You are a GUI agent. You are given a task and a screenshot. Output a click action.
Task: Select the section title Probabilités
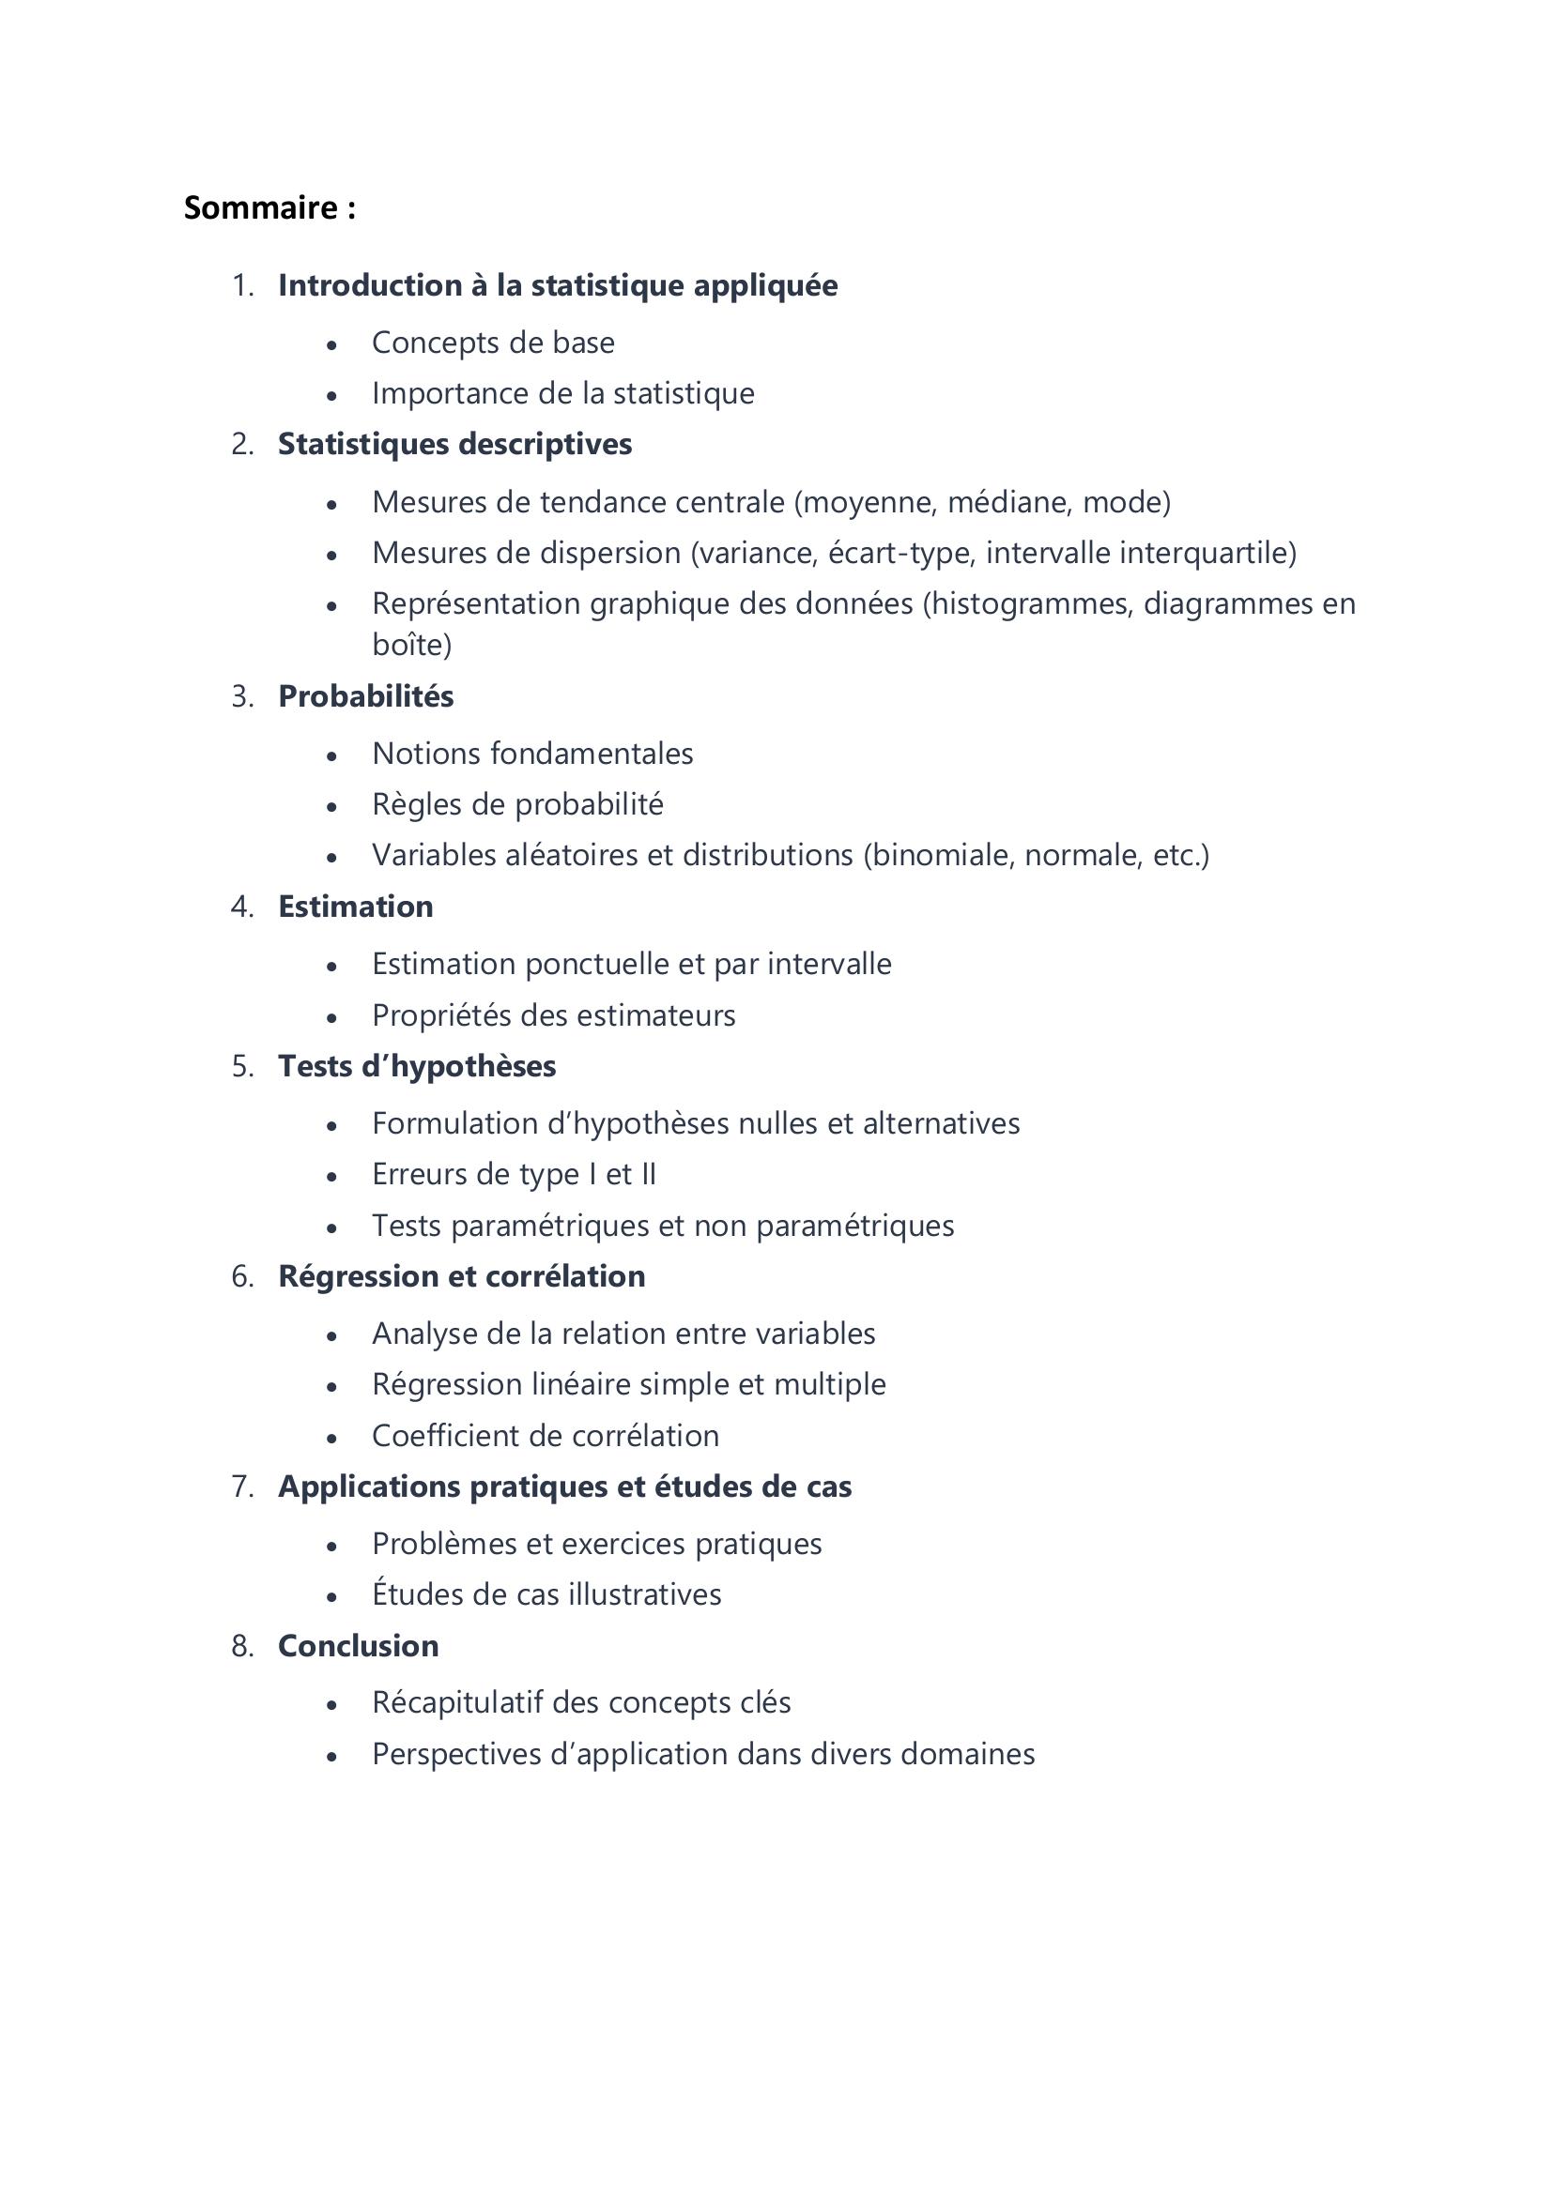tap(365, 696)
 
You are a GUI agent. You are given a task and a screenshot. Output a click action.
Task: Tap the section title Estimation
tap(355, 907)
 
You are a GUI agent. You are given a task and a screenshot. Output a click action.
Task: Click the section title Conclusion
tap(358, 1645)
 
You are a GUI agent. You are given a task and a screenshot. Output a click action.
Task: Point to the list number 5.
tap(243, 1066)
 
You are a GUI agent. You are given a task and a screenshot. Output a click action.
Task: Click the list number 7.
tap(243, 1486)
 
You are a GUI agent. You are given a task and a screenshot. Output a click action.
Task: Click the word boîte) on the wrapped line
tap(411, 646)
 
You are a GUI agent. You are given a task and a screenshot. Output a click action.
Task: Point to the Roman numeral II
tap(649, 1174)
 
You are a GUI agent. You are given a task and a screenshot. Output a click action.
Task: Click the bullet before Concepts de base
tap(331, 344)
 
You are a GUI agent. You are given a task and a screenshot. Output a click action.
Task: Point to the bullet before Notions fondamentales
tap(331, 755)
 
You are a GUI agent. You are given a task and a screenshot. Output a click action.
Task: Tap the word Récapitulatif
tap(457, 1702)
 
